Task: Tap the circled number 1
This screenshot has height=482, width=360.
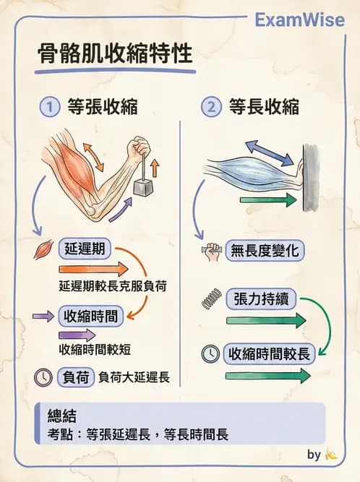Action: [x=50, y=108]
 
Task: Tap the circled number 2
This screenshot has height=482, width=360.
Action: [x=210, y=108]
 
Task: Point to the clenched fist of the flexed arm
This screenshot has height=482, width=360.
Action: [x=137, y=150]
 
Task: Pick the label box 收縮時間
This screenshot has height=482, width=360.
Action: [x=90, y=316]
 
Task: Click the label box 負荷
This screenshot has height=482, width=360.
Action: [x=77, y=376]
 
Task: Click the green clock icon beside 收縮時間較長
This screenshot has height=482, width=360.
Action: [x=210, y=354]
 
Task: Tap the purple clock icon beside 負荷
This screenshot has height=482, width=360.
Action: [x=43, y=376]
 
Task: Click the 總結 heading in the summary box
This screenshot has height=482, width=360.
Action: [x=61, y=418]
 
